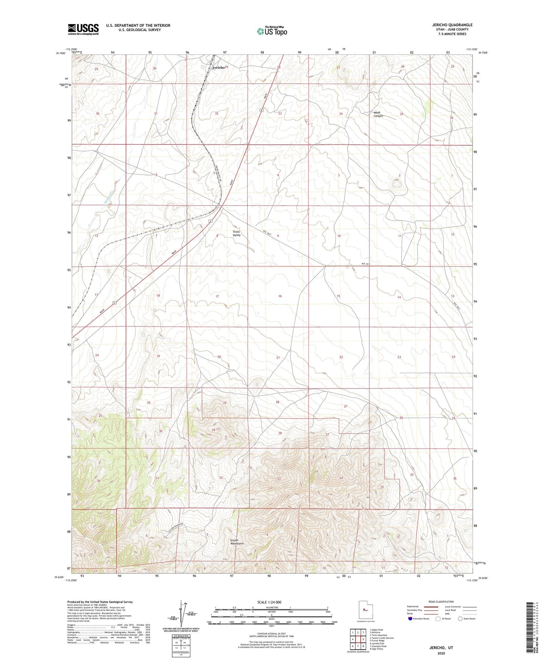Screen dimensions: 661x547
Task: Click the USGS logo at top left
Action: (x=83, y=29)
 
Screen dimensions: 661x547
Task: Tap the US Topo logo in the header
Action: (x=272, y=31)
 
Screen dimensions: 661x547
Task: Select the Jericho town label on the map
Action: (x=218, y=67)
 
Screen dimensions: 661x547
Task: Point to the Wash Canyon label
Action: (x=378, y=114)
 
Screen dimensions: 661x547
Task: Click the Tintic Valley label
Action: (x=237, y=234)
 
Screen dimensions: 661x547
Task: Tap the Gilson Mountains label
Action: (x=237, y=542)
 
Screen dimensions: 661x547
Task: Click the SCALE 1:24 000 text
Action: (x=269, y=602)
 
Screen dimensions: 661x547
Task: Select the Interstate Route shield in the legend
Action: (x=410, y=619)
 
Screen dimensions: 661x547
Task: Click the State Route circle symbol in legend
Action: (x=460, y=619)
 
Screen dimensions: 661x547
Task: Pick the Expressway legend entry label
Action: (x=413, y=606)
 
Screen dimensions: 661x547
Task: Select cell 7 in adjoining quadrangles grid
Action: (x=358, y=646)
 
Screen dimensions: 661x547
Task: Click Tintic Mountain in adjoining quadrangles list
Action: (x=379, y=635)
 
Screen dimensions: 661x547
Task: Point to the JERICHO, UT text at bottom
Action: (x=441, y=648)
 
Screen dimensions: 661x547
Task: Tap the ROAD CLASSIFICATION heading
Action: (x=441, y=602)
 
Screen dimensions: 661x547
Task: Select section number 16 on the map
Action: (x=280, y=296)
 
